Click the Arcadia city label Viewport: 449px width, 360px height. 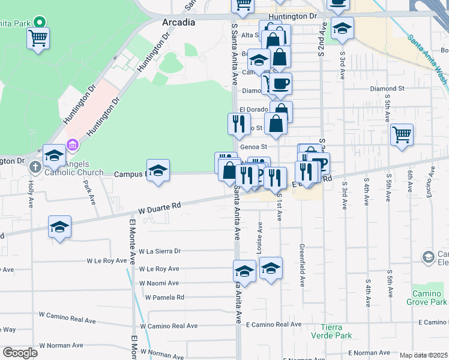point(179,22)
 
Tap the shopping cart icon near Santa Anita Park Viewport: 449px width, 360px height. point(38,39)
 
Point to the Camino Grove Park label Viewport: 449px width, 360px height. point(429,298)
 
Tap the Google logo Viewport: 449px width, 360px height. point(20,353)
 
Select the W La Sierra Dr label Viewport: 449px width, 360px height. point(159,251)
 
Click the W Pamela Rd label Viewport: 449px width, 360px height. point(163,298)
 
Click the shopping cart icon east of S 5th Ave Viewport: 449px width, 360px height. point(402,134)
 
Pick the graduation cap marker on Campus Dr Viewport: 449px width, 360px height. point(158,172)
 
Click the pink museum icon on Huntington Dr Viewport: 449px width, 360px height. point(72,144)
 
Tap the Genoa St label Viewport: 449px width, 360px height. point(253,146)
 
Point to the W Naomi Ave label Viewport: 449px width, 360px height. point(158,283)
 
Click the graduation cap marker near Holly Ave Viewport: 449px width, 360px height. point(54,156)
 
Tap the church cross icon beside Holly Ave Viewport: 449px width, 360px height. point(35,166)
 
